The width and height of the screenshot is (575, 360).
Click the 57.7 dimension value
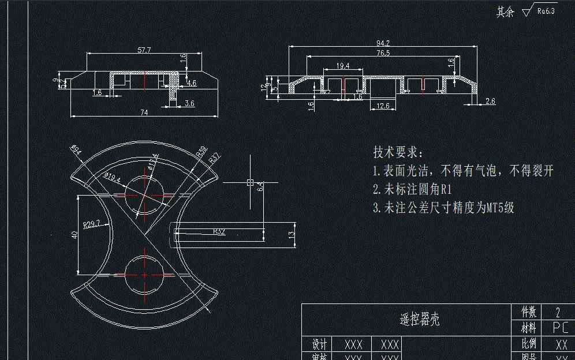[x=144, y=50]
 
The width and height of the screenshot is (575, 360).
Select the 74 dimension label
[x=144, y=112]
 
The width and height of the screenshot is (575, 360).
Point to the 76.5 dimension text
[x=383, y=53]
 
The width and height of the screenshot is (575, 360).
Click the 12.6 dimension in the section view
[x=382, y=106]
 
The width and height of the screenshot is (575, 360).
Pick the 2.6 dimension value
[x=490, y=102]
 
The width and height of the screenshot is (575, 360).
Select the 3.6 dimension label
[x=189, y=103]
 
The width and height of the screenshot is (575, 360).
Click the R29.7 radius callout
[x=91, y=223]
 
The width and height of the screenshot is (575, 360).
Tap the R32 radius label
[x=219, y=231]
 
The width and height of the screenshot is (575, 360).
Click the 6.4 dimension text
[x=260, y=186]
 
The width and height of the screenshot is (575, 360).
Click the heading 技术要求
[x=398, y=152]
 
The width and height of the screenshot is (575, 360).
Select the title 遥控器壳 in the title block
[x=419, y=319]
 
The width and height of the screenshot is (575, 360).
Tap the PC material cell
[x=560, y=328]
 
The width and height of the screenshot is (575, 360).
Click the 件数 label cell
[x=529, y=312]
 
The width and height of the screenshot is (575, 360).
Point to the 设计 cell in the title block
[x=319, y=344]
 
